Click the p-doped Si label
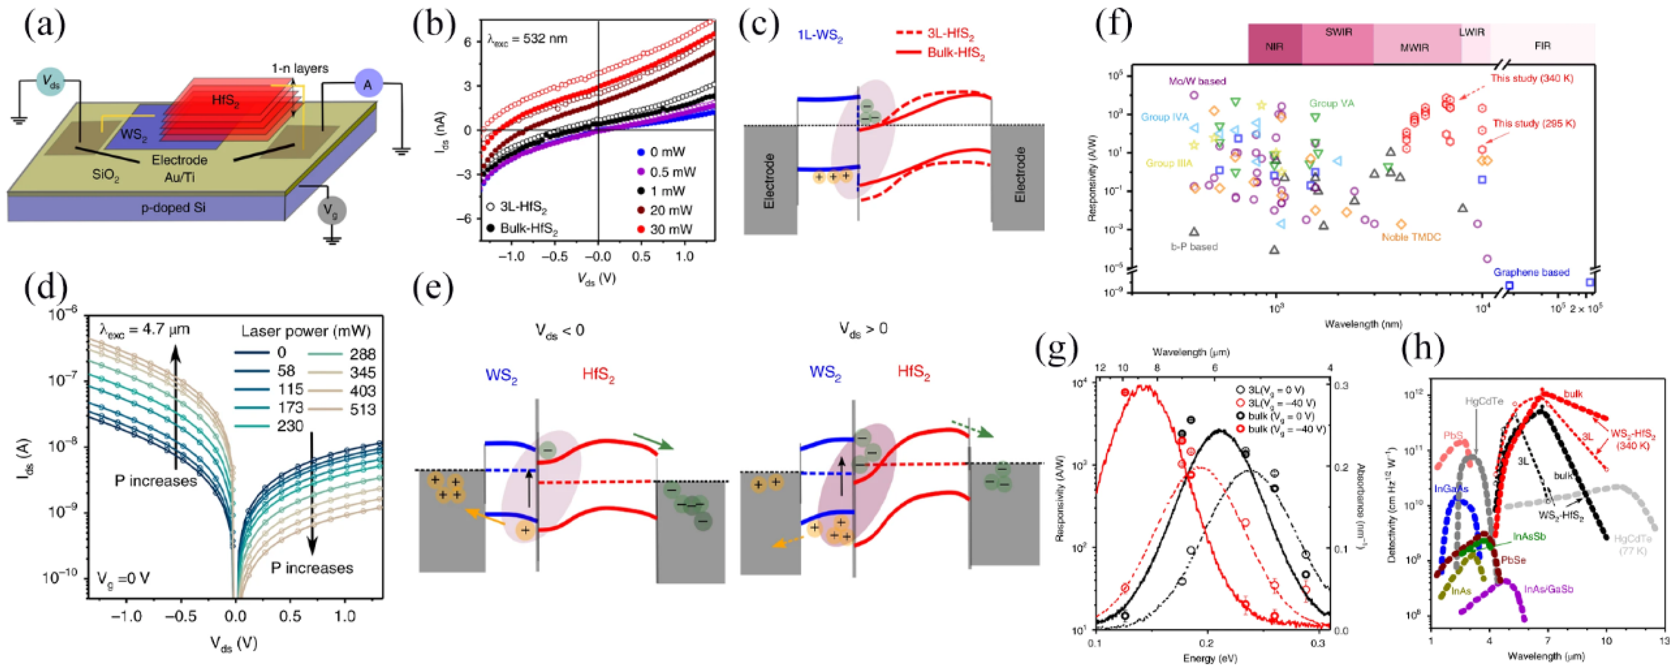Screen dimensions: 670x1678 click(x=175, y=208)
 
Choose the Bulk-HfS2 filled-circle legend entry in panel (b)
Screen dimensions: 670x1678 click(x=521, y=228)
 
